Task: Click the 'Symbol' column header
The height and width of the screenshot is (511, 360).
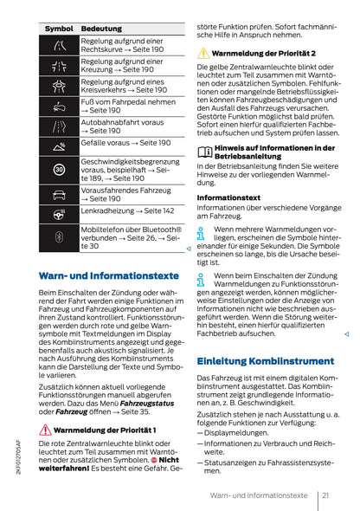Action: point(58,29)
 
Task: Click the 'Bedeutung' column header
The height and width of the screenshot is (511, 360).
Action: point(101,29)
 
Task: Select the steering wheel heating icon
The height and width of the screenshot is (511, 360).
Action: point(59,211)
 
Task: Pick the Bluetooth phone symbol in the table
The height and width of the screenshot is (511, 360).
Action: point(59,236)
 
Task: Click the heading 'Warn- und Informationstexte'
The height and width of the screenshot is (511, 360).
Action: point(104,275)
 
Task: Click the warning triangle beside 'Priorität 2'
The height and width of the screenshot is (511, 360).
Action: point(203,54)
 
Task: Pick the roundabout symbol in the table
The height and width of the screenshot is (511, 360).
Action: point(59,85)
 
